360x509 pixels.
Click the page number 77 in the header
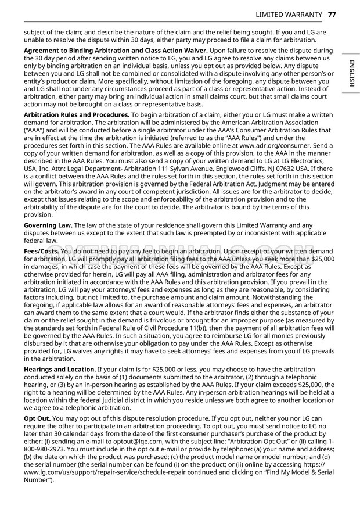pos(332,14)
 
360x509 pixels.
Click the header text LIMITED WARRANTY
pos(285,14)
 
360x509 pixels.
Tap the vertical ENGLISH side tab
pos(351,73)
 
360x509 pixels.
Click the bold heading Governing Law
pos(48,225)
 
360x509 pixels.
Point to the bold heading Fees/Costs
pos(41,250)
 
